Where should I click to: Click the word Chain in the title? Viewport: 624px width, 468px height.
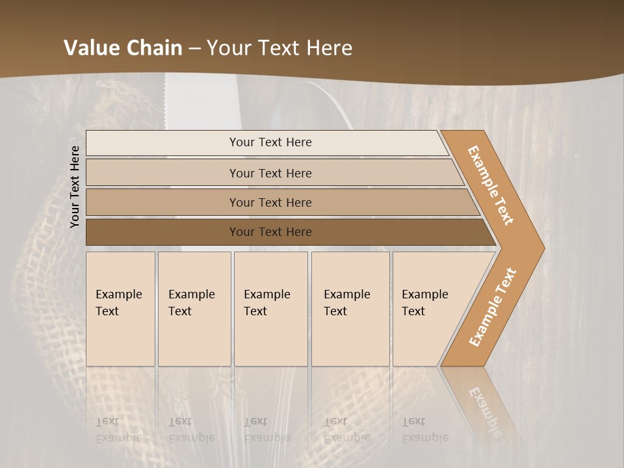pos(149,48)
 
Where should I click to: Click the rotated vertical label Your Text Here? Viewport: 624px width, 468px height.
pos(75,187)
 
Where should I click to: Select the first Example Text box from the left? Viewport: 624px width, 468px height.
pos(120,309)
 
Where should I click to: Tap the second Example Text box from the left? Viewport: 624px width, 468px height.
pos(194,309)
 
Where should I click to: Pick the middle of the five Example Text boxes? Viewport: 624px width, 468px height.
pos(270,309)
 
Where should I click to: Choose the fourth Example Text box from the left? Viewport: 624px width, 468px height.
pos(350,309)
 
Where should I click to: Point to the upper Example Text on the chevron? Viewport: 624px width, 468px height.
pos(491,185)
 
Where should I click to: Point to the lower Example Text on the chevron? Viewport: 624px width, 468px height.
pos(493,307)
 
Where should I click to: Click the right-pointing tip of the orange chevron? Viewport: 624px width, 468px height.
pos(541,248)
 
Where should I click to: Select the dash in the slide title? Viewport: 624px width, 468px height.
pos(194,49)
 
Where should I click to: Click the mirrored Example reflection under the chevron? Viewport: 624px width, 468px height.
pos(485,409)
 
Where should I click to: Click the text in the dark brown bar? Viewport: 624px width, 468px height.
pos(270,232)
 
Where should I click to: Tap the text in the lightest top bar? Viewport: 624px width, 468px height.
pos(270,142)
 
